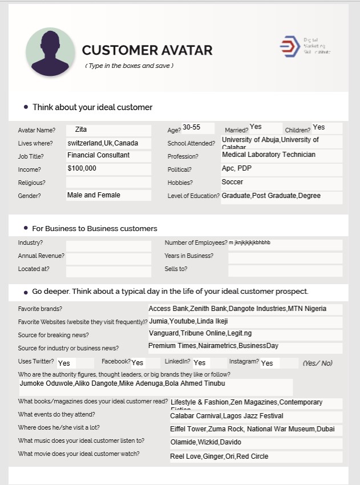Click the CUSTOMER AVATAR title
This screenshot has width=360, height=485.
pyautogui.click(x=147, y=50)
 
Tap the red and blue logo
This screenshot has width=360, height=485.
pyautogui.click(x=289, y=46)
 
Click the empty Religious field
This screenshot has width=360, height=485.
pyautogui.click(x=108, y=183)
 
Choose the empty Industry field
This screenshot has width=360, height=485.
pyautogui.click(x=108, y=244)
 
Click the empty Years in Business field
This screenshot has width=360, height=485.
pyautogui.click(x=285, y=257)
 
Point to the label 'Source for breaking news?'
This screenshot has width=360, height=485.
pyautogui.click(x=53, y=335)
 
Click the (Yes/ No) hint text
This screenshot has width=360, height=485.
pyautogui.click(x=317, y=363)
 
